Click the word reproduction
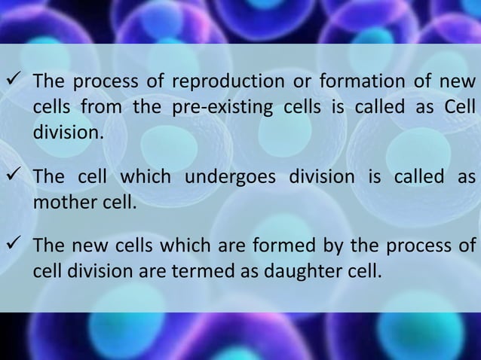click(x=213, y=82)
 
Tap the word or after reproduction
click(x=287, y=81)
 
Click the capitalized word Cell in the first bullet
click(x=459, y=107)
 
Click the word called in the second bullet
click(x=419, y=178)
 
